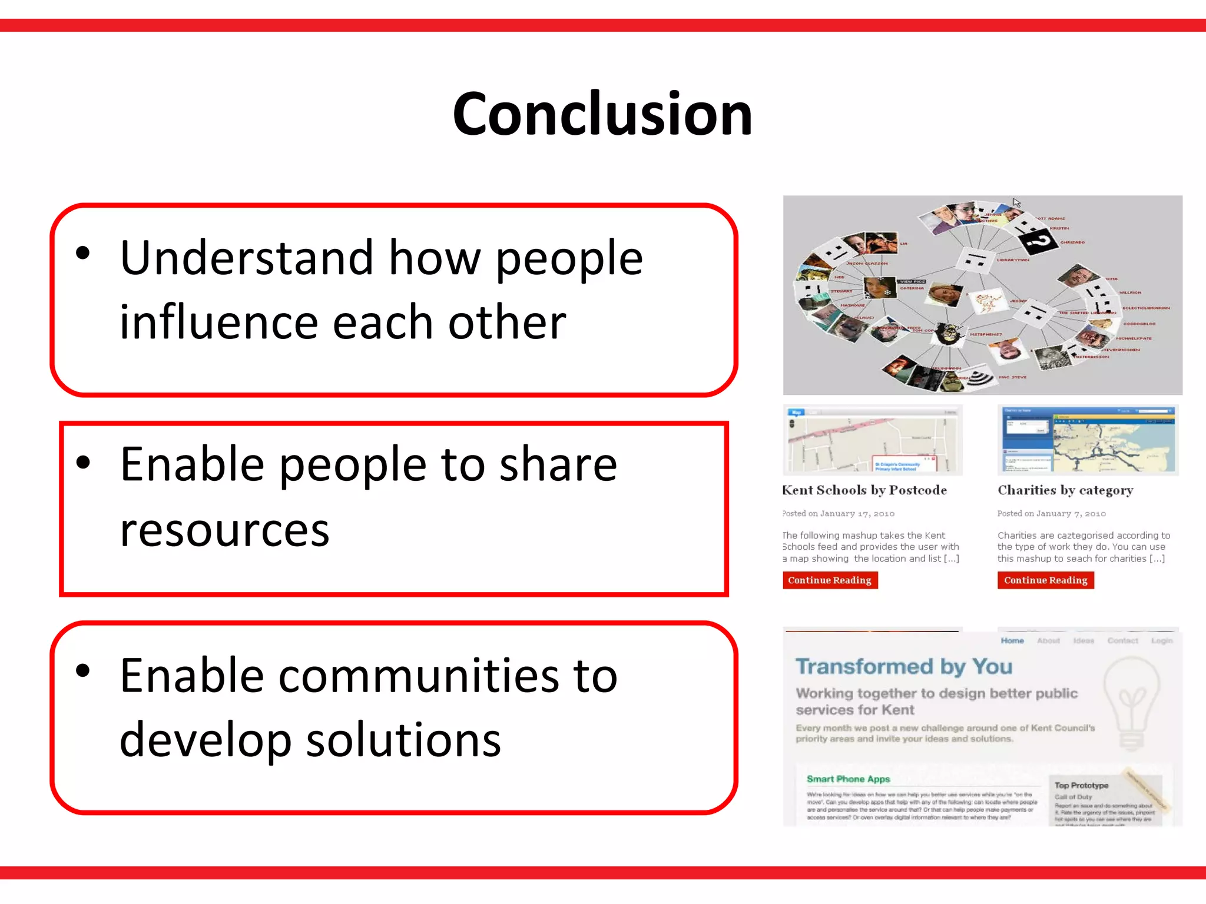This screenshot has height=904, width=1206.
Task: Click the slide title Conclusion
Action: tap(602, 114)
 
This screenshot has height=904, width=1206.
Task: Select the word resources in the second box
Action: tap(224, 530)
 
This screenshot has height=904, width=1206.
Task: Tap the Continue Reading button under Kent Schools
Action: tap(829, 580)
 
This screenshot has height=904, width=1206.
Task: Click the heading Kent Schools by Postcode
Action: tap(864, 490)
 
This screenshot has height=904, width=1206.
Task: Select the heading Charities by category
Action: tap(1065, 490)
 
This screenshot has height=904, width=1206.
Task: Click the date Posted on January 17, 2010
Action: tap(839, 514)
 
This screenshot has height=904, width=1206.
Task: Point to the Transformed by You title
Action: tap(903, 667)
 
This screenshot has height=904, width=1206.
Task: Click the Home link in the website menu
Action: tap(1012, 641)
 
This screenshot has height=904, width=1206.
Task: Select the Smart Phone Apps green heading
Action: tap(848, 779)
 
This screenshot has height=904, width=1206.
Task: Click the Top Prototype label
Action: tap(1081, 786)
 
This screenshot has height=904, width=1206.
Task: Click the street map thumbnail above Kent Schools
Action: tap(872, 441)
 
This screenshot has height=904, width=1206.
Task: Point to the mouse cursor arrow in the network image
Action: tap(1016, 202)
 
